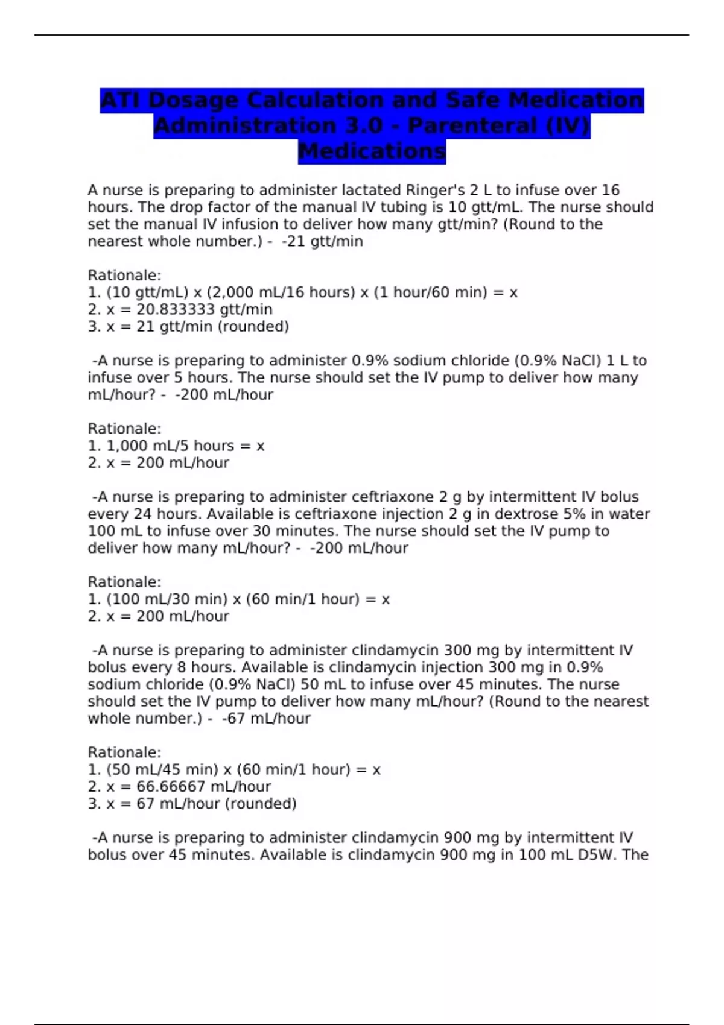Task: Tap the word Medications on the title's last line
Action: (x=372, y=151)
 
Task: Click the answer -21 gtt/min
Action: (x=322, y=241)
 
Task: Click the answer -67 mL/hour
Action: (x=266, y=718)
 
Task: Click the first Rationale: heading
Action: (x=124, y=275)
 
